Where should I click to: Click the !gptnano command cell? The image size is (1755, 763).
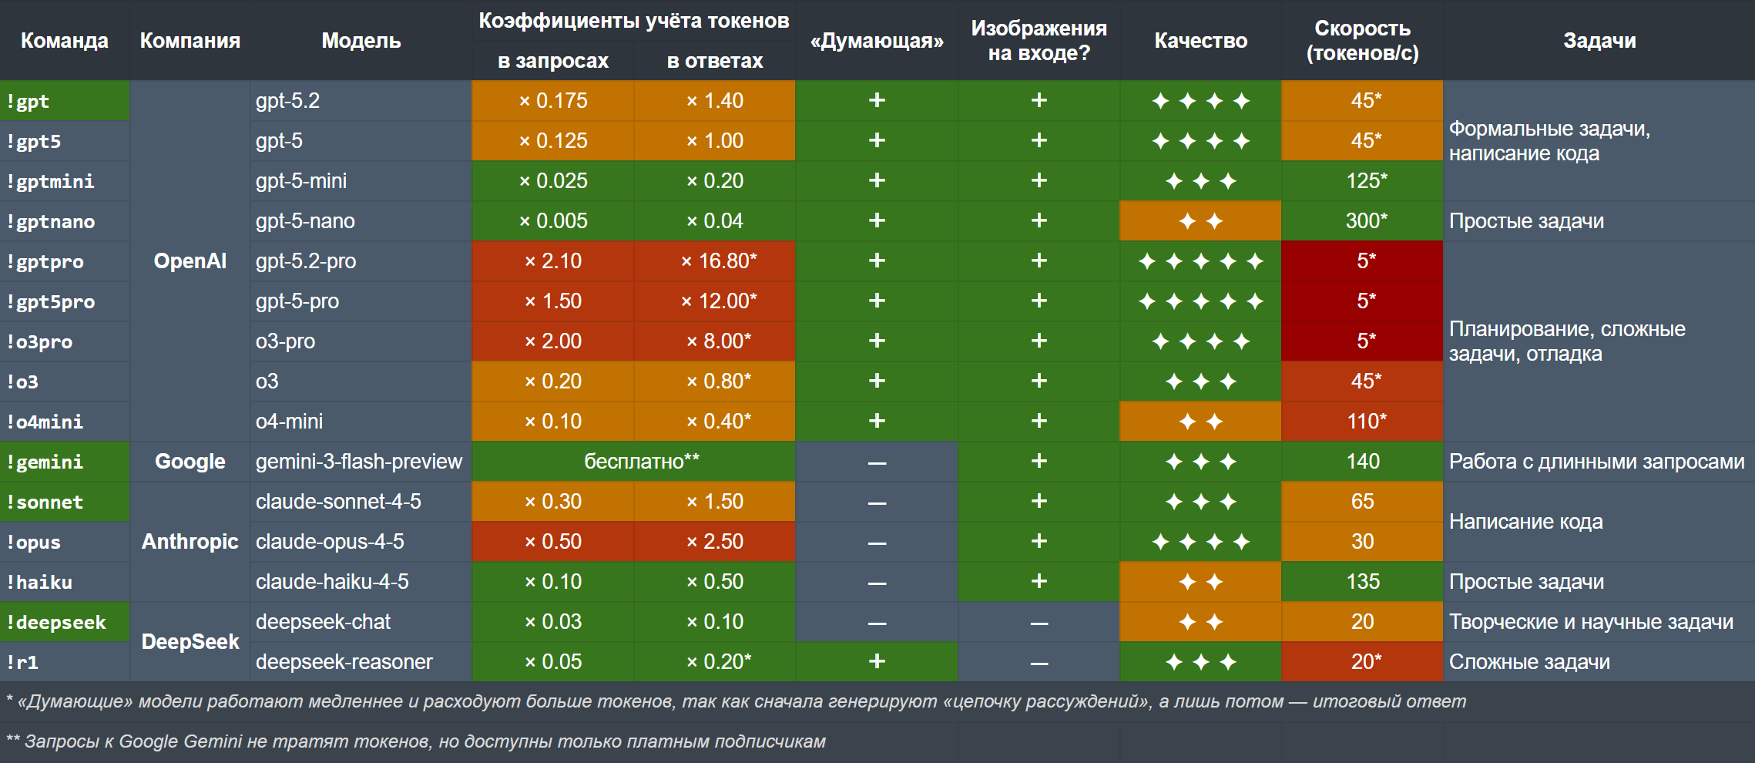(51, 222)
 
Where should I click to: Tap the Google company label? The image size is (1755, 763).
(190, 462)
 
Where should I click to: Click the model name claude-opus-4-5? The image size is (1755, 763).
(330, 542)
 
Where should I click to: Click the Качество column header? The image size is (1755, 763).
(1200, 41)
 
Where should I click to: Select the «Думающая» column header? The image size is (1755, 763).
(877, 41)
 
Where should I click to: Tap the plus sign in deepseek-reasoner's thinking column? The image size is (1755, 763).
(877, 661)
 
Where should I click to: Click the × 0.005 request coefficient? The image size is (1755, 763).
(553, 221)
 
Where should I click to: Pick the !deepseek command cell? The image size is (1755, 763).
(56, 622)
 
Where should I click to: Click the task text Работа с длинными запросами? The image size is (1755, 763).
(1596, 462)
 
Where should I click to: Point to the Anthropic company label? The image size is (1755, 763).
(190, 542)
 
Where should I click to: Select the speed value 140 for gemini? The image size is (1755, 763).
(1362, 462)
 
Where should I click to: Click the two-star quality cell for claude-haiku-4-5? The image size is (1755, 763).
(1200, 582)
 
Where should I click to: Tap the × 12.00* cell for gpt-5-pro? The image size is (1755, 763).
(718, 301)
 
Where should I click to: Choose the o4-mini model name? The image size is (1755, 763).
(289, 422)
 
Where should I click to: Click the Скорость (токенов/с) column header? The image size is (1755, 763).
(1362, 41)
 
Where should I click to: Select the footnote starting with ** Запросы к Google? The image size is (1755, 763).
(416, 741)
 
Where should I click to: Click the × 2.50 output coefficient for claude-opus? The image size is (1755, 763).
(715, 542)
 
